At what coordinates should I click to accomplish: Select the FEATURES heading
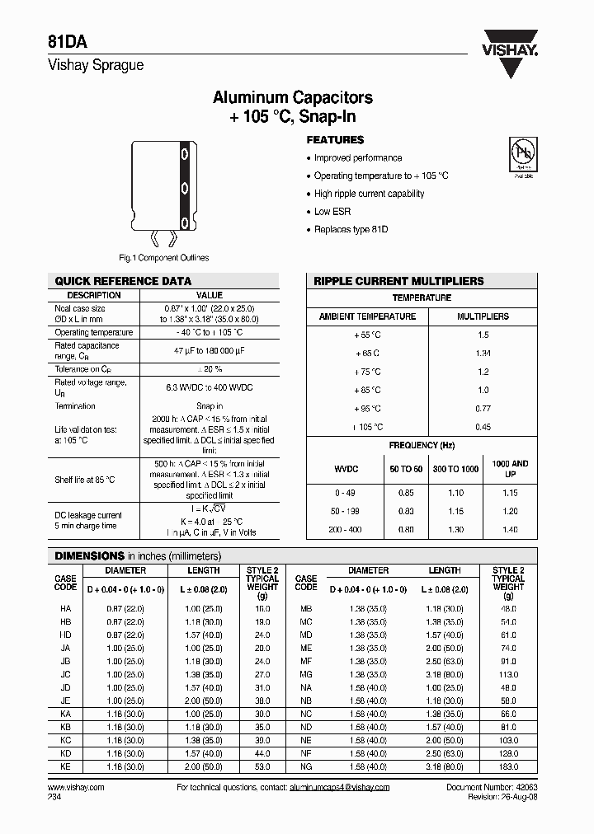pos(335,140)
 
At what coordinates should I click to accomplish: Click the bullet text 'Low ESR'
pos(332,212)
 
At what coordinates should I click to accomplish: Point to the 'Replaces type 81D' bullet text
pos(351,230)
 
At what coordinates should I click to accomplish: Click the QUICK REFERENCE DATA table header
pos(123,281)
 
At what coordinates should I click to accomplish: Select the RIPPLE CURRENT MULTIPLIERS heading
pos(398,281)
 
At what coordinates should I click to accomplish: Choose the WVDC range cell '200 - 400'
pos(347,530)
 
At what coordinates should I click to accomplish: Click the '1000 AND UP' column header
pos(509,469)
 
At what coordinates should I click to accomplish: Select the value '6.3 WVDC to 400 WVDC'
pos(210,385)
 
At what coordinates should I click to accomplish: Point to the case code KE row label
pos(65,766)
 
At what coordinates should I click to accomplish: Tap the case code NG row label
pos(306,766)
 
